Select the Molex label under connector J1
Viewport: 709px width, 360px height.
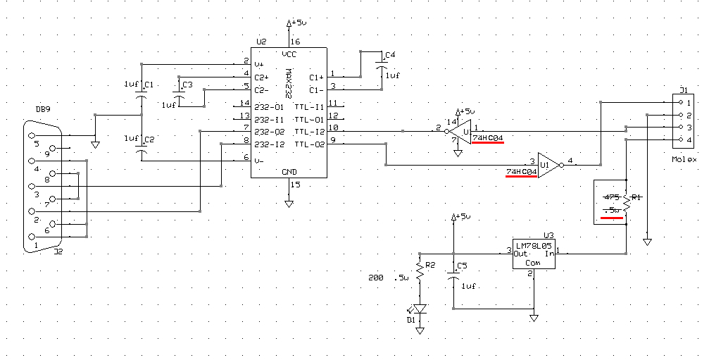tap(684, 160)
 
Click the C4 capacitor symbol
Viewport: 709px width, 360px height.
tap(382, 64)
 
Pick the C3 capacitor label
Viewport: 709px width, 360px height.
tap(187, 85)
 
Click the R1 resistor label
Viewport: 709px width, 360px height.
tap(635, 198)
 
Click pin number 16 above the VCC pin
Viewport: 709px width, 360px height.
tap(295, 42)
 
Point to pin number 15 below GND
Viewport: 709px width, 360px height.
tap(295, 185)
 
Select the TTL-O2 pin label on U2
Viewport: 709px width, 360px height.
tap(309, 144)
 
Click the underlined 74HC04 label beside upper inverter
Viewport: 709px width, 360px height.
tap(489, 137)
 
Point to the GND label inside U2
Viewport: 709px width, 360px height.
tap(289, 170)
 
